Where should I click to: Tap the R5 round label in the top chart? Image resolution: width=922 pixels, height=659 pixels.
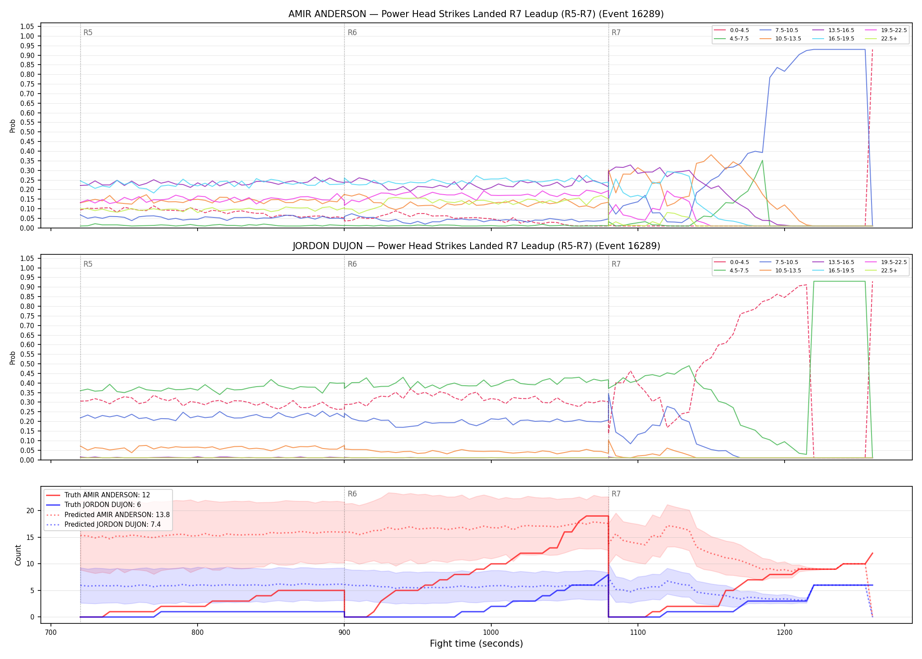click(88, 33)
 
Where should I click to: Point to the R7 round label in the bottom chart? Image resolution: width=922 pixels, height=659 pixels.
click(616, 494)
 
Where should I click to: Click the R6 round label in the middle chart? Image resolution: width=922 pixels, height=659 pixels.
click(352, 264)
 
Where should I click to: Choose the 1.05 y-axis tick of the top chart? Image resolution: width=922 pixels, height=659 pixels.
click(27, 27)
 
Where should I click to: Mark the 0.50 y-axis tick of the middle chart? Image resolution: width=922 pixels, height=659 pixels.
click(27, 364)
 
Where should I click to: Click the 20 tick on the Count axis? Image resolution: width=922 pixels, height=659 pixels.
click(30, 511)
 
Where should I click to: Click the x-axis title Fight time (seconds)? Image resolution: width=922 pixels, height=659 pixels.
click(476, 644)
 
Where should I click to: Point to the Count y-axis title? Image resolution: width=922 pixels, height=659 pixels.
click(18, 555)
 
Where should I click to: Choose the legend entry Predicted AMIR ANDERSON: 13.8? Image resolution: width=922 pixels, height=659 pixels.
click(108, 514)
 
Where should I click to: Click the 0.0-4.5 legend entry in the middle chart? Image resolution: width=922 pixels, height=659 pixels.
click(731, 262)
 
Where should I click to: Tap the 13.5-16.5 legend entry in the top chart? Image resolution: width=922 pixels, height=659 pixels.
click(833, 30)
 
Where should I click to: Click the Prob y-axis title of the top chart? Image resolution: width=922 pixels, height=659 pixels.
click(13, 126)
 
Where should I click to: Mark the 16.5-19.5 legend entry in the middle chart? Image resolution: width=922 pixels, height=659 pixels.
click(833, 271)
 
